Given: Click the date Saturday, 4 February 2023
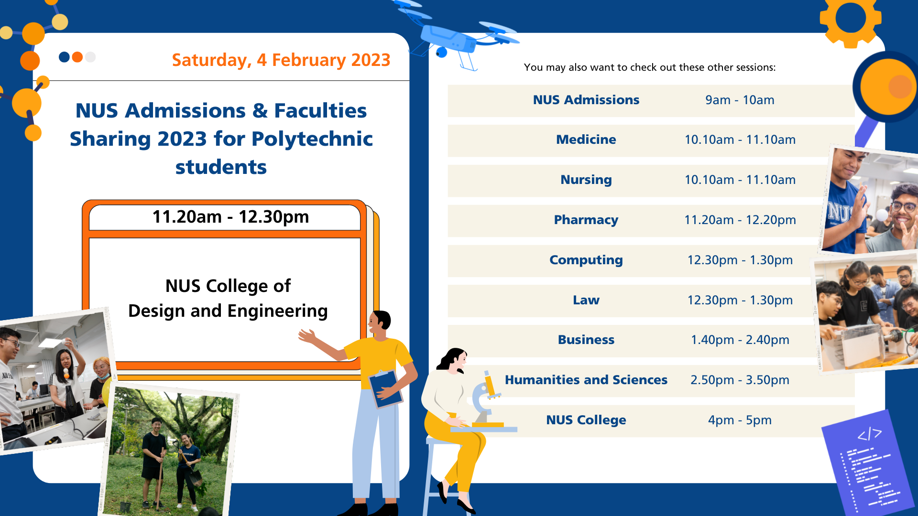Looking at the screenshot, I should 281,60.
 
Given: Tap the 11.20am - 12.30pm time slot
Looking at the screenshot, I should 230,217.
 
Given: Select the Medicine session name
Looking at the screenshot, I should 586,140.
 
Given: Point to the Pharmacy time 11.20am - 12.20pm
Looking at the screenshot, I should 740,220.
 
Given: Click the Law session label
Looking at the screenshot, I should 586,300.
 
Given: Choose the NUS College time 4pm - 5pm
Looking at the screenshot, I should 740,420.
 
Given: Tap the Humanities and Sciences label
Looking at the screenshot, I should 586,380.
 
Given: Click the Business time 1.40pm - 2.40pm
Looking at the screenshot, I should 740,340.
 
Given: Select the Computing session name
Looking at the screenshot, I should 586,260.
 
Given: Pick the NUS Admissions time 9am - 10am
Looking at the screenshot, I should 740,100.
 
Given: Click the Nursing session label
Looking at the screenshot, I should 586,180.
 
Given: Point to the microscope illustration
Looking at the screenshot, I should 485,401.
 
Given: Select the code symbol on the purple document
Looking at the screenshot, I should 869,434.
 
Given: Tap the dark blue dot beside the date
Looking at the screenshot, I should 64,57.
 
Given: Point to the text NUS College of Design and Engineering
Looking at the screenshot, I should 228,298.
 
